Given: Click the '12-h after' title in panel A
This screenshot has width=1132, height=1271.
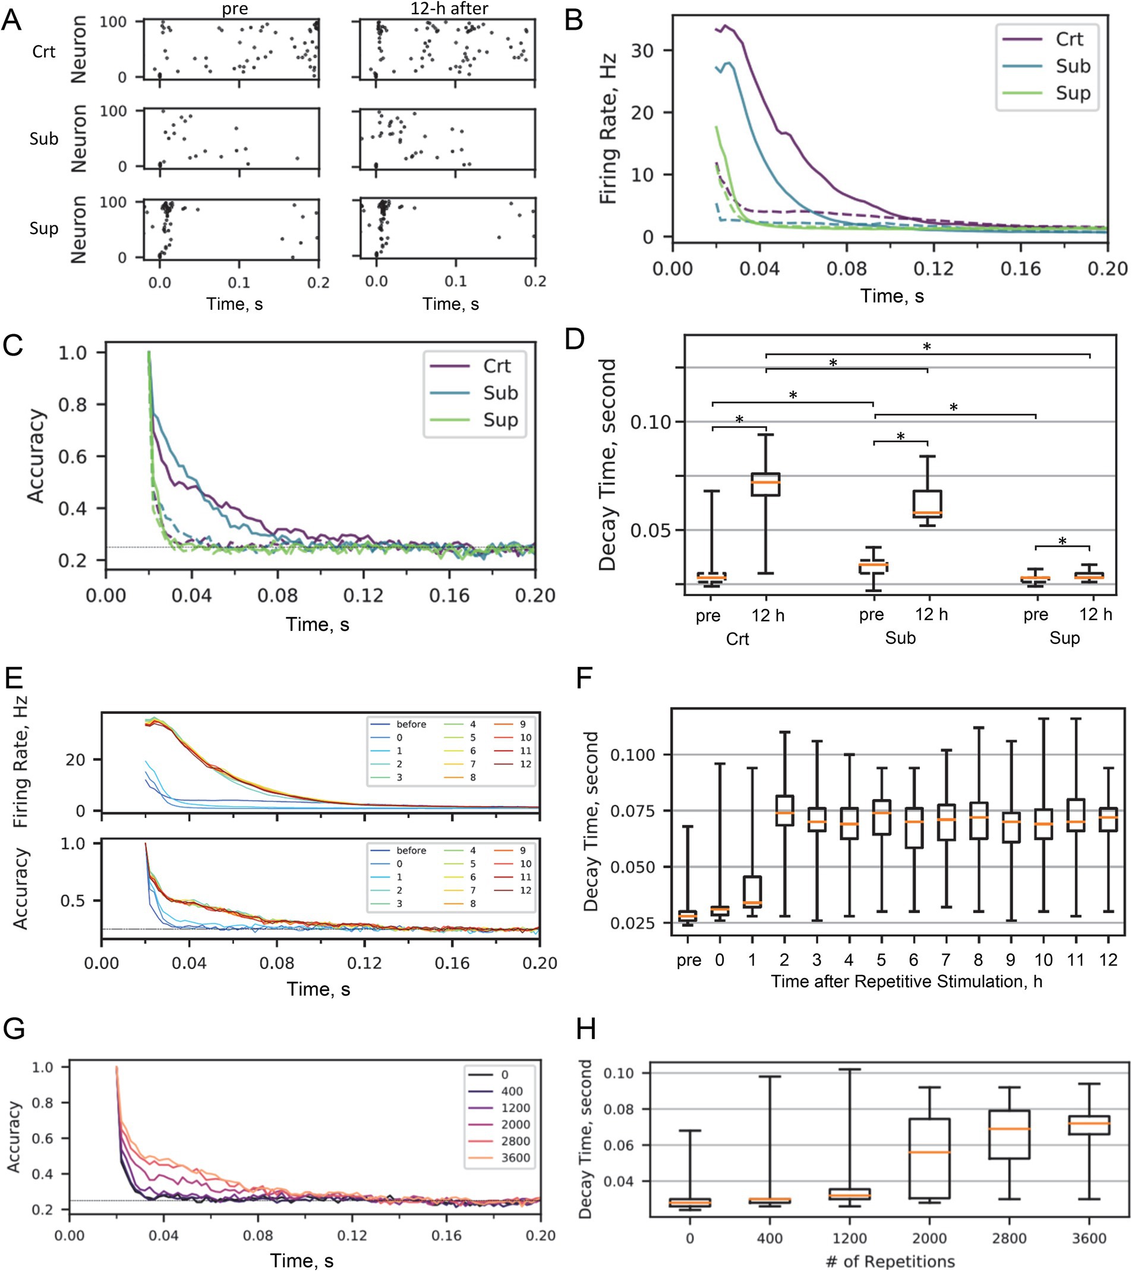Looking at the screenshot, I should (449, 9).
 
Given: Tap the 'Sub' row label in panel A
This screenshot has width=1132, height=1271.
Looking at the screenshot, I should (43, 139).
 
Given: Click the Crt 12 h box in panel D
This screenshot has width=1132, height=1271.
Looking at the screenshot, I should (765, 484).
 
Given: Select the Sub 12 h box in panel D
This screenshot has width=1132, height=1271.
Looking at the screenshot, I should (928, 504).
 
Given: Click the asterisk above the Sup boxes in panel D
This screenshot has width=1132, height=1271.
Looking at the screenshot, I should (1062, 541).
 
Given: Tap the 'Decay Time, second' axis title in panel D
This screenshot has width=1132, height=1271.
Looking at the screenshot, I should (607, 464).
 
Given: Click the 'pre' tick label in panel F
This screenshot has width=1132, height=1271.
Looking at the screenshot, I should (689, 960).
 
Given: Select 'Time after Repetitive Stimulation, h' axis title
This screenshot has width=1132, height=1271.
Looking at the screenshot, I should (906, 981).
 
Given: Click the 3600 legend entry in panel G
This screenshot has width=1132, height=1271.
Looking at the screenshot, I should (515, 1158).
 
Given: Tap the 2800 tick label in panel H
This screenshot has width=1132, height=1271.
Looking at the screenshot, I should (1009, 1238).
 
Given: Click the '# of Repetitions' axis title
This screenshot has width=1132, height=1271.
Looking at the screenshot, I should (890, 1261).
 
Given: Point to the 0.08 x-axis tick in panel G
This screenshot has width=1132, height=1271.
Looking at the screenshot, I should (257, 1235).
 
